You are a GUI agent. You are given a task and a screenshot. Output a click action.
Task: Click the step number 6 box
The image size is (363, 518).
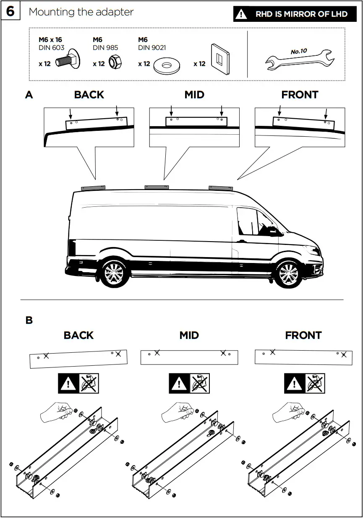[10, 11]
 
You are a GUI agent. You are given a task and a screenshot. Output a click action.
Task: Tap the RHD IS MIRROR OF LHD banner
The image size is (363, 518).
[295, 14]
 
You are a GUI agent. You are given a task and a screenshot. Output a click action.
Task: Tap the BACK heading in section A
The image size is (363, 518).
[89, 95]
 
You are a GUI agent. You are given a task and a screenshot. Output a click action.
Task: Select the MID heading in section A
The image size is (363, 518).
[194, 95]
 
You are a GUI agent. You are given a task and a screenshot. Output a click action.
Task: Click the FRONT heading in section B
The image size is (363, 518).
[303, 336]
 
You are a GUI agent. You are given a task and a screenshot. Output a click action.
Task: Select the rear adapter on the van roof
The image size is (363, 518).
[93, 187]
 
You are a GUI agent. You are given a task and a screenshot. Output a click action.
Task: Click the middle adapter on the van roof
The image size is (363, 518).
[157, 187]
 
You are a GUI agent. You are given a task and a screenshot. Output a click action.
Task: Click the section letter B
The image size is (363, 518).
[29, 320]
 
